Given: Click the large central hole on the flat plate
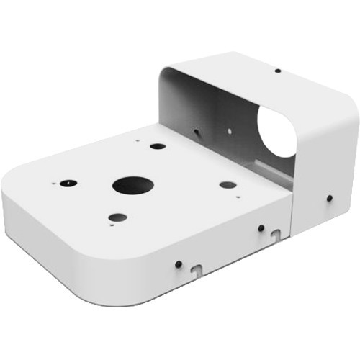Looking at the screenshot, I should [x=132, y=185].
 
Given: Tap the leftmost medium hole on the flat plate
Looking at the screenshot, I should [x=68, y=183].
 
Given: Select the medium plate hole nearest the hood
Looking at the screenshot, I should [x=158, y=146].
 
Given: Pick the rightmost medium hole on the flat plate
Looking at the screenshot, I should [x=228, y=184].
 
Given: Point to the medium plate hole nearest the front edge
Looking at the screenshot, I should [x=117, y=217].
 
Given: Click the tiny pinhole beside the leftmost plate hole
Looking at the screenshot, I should [x=53, y=183].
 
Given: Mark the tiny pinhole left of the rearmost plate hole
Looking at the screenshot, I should [x=138, y=141].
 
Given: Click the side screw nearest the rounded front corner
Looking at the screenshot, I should [x=178, y=264].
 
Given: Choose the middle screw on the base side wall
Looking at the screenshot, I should [x=261, y=228].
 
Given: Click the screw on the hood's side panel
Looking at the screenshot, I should [x=329, y=197].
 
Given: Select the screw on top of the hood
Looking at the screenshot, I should [x=277, y=71].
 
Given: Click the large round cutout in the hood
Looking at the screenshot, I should [x=278, y=133].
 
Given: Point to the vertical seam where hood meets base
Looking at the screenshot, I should [x=292, y=216].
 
